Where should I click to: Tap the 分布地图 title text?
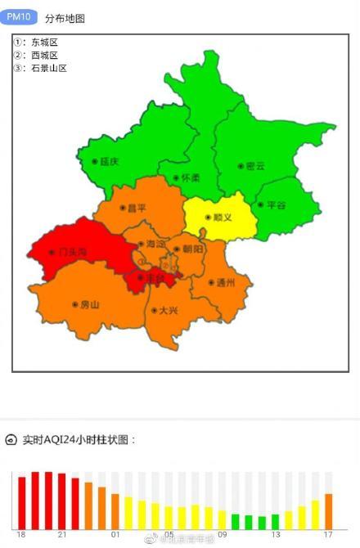click(x=65, y=17)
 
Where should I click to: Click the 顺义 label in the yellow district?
click(x=222, y=217)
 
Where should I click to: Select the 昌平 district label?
click(x=136, y=208)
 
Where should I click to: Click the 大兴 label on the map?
click(x=168, y=310)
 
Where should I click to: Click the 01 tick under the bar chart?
click(x=115, y=535)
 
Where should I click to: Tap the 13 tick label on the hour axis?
click(x=275, y=535)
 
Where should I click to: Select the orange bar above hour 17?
click(x=328, y=511)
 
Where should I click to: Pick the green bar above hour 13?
click(x=275, y=521)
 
